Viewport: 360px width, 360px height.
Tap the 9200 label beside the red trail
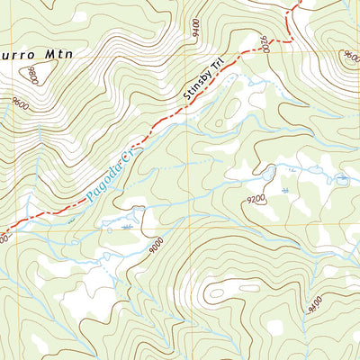coord(265,41)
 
